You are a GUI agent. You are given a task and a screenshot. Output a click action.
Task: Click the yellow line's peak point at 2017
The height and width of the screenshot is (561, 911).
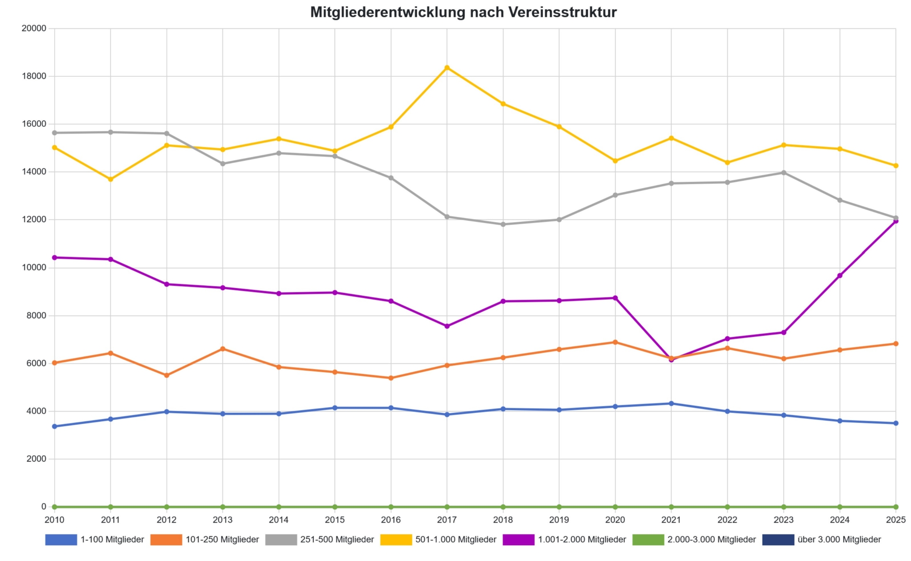(x=447, y=68)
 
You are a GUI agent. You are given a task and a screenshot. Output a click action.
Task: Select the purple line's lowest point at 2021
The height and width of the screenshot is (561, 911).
(x=671, y=360)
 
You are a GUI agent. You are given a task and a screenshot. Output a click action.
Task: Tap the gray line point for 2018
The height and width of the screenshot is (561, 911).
(x=503, y=224)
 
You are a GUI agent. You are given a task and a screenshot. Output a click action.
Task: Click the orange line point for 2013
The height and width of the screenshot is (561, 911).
(x=223, y=349)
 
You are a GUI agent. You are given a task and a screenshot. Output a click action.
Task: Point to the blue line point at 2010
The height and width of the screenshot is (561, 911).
(x=55, y=427)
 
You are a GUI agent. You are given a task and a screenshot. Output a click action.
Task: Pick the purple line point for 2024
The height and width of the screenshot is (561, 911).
(x=840, y=276)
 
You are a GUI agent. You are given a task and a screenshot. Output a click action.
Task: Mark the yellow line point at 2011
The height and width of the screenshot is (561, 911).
(x=111, y=179)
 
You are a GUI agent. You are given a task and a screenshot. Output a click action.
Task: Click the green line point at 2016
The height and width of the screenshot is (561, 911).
(x=391, y=507)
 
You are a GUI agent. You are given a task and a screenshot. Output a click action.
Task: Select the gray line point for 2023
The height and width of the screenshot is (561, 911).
(x=784, y=173)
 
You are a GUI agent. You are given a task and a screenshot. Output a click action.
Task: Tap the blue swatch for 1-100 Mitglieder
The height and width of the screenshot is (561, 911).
(x=61, y=540)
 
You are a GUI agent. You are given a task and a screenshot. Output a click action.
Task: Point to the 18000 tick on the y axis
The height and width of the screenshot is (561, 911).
(x=34, y=76)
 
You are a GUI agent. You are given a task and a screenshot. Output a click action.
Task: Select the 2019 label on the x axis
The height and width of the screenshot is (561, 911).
(x=559, y=520)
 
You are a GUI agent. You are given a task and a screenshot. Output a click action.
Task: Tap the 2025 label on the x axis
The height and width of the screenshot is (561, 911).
(x=895, y=520)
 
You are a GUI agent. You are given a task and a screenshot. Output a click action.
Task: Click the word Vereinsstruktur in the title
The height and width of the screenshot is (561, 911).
(x=562, y=12)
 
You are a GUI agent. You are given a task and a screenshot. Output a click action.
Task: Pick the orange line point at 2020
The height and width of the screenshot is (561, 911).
(x=615, y=342)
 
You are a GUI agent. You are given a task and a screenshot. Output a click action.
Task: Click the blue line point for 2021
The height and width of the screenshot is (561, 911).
(x=671, y=403)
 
